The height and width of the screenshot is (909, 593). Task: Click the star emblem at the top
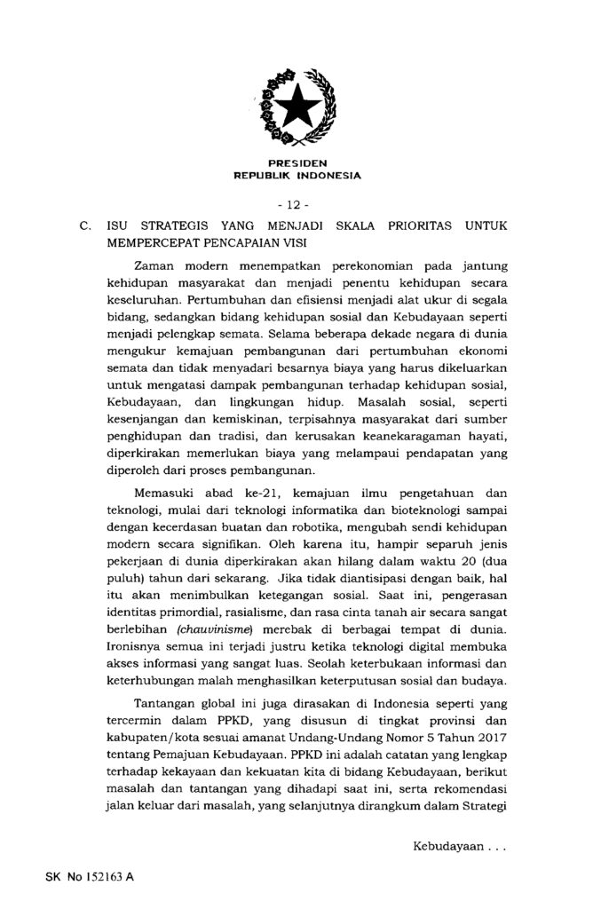(x=296, y=109)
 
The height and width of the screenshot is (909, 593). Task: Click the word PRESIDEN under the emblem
(x=296, y=164)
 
